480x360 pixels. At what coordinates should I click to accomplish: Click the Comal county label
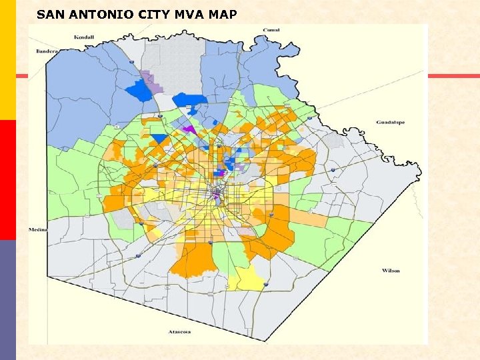click(271, 30)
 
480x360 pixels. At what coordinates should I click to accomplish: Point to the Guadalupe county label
click(390, 123)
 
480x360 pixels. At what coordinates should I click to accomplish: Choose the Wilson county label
click(391, 271)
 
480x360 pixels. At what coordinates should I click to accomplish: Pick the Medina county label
click(37, 229)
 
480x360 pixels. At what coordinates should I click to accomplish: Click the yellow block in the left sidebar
click(7, 60)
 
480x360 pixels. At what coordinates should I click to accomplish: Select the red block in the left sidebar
click(7, 180)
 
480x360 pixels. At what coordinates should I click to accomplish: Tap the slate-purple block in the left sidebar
click(7, 300)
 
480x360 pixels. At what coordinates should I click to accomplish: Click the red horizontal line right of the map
click(453, 76)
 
